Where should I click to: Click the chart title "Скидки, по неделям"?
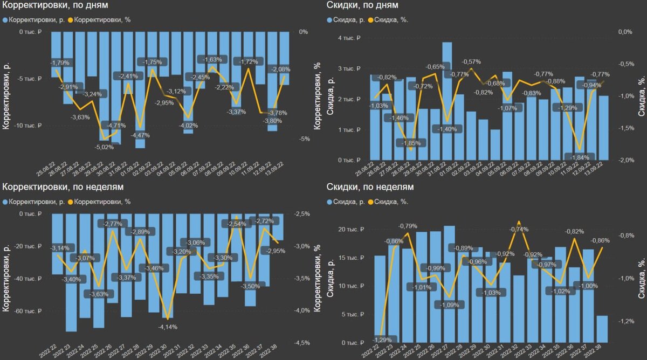pyautogui.click(x=370, y=187)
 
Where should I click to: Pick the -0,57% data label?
pyautogui.click(x=471, y=61)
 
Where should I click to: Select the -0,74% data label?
pyautogui.click(x=518, y=229)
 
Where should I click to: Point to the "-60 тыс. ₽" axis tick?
pyautogui.click(x=25, y=311)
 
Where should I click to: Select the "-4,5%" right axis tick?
pyautogui.click(x=302, y=342)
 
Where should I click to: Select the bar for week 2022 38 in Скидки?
pyautogui.click(x=602, y=329)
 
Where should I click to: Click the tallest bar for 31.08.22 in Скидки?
pyautogui.click(x=447, y=101)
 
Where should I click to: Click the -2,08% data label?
pyautogui.click(x=280, y=69)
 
